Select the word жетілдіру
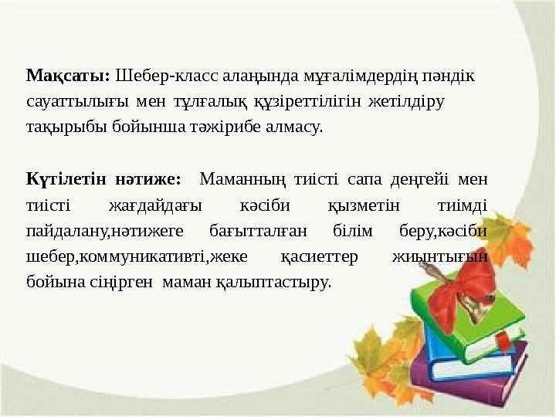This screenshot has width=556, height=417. tap(409, 101)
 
